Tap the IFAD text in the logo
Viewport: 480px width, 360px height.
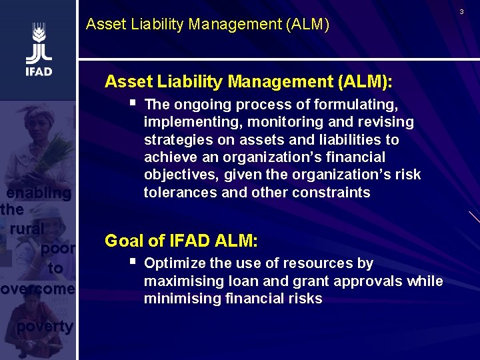point(39,71)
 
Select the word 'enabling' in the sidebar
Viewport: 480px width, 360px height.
point(39,193)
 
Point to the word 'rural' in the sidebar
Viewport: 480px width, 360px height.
point(27,228)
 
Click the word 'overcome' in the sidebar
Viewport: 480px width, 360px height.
point(38,289)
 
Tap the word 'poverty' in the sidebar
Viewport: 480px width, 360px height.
point(45,326)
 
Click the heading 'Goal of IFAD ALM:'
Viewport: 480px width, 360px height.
point(181,241)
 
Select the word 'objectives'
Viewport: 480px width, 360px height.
point(177,175)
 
